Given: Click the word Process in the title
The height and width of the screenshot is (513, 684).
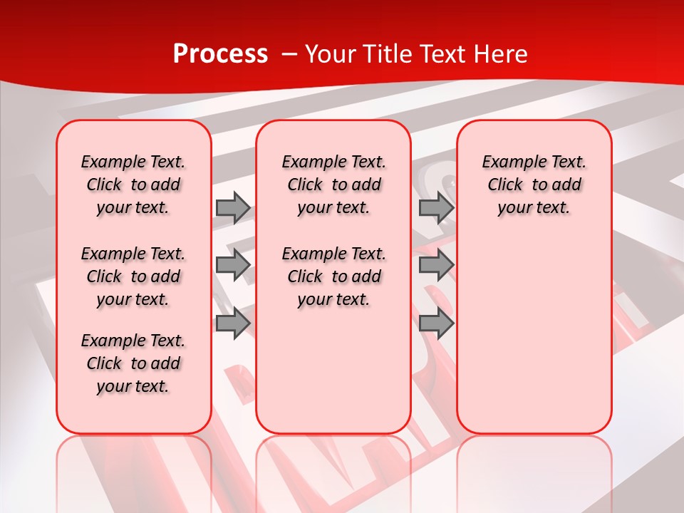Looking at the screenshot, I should [219, 54].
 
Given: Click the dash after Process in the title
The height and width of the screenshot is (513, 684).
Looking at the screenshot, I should [289, 54].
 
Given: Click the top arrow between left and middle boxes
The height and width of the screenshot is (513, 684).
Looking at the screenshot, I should [232, 208].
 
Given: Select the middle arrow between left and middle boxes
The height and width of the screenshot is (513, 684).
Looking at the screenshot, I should [232, 265].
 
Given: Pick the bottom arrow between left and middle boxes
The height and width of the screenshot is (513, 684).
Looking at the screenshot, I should [232, 323].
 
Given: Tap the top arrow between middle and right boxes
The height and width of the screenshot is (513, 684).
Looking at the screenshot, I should [436, 208].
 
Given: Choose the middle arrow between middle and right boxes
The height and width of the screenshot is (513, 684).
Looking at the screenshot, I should [436, 265].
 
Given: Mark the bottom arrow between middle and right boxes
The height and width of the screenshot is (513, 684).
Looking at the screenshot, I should [436, 323].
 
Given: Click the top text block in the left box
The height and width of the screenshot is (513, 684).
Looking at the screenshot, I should [133, 185].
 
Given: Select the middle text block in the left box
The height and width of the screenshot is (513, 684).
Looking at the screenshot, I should [133, 276].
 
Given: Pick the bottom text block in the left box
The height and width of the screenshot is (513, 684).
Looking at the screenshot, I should [133, 363].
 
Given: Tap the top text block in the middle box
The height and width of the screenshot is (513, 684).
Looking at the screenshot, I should [333, 185].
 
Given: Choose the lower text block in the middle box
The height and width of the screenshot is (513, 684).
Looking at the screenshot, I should [333, 276].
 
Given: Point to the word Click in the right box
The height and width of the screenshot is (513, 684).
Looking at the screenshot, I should [505, 185].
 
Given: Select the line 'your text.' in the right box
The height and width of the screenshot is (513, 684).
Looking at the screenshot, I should [534, 208].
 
